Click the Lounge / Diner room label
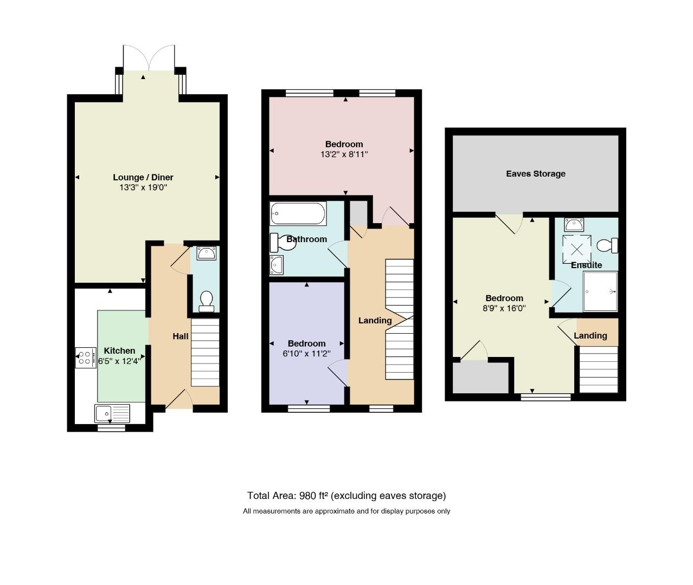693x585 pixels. (x=143, y=178)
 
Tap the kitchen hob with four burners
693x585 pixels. (x=86, y=357)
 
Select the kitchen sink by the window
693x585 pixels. (x=112, y=413)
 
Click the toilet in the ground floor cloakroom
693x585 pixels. (x=207, y=302)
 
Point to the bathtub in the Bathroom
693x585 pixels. (x=298, y=213)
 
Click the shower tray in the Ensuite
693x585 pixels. (x=600, y=291)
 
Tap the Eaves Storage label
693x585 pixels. (x=536, y=174)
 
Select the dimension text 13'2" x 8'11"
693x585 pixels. (x=344, y=154)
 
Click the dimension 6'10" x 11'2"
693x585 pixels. (x=306, y=354)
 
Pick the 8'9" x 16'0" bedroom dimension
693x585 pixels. (x=504, y=308)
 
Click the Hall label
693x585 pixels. (x=181, y=336)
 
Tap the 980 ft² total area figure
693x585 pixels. (x=313, y=496)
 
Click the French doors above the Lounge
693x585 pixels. (x=149, y=58)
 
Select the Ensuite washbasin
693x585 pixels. (x=574, y=225)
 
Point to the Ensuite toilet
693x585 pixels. (x=607, y=245)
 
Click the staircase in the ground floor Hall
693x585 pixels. (x=205, y=353)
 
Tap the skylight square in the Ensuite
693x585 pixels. (x=577, y=249)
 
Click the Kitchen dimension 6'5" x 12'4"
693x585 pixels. (x=119, y=361)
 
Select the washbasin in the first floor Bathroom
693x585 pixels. (x=277, y=265)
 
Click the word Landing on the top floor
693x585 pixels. (x=591, y=336)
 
